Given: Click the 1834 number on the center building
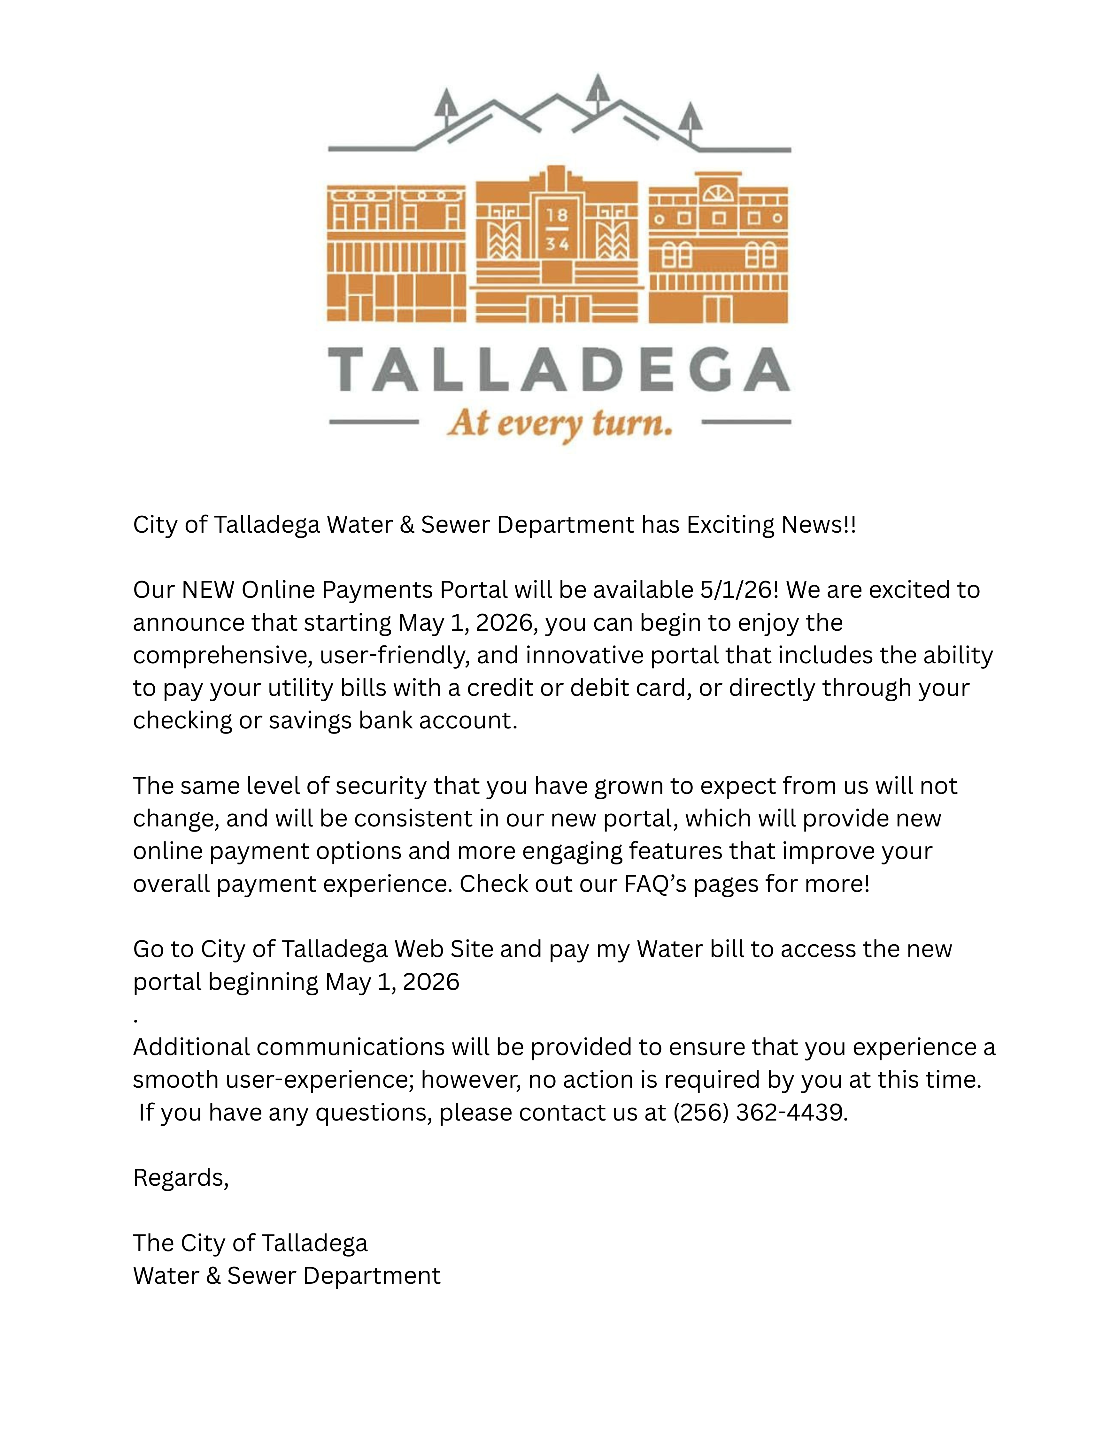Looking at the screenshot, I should coord(557,230).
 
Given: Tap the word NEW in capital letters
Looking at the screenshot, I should coord(208,589).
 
